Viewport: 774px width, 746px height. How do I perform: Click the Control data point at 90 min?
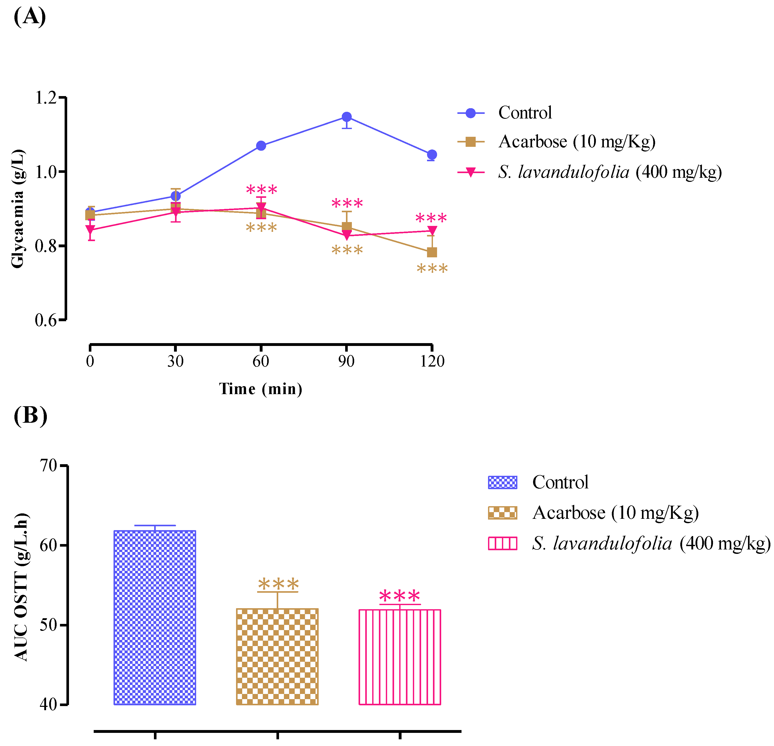coord(347,117)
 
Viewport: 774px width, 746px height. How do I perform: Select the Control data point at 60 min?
coord(261,146)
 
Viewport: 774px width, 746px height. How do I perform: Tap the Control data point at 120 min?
coord(432,155)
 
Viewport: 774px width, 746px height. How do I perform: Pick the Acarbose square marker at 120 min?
coord(432,252)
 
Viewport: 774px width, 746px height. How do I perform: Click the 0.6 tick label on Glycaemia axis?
coord(46,320)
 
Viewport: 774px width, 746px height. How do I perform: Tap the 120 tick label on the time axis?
coord(432,361)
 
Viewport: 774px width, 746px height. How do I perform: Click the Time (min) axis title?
coord(261,389)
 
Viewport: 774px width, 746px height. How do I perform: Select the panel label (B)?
coord(30,416)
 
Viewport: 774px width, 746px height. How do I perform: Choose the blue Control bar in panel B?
coord(155,617)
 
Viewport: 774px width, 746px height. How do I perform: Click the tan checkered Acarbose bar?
coord(277,656)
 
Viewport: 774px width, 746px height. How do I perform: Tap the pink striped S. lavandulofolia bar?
coord(400,657)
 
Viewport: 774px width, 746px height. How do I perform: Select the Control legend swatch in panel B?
coord(502,482)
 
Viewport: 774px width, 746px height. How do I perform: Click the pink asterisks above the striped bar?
coord(400,596)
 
